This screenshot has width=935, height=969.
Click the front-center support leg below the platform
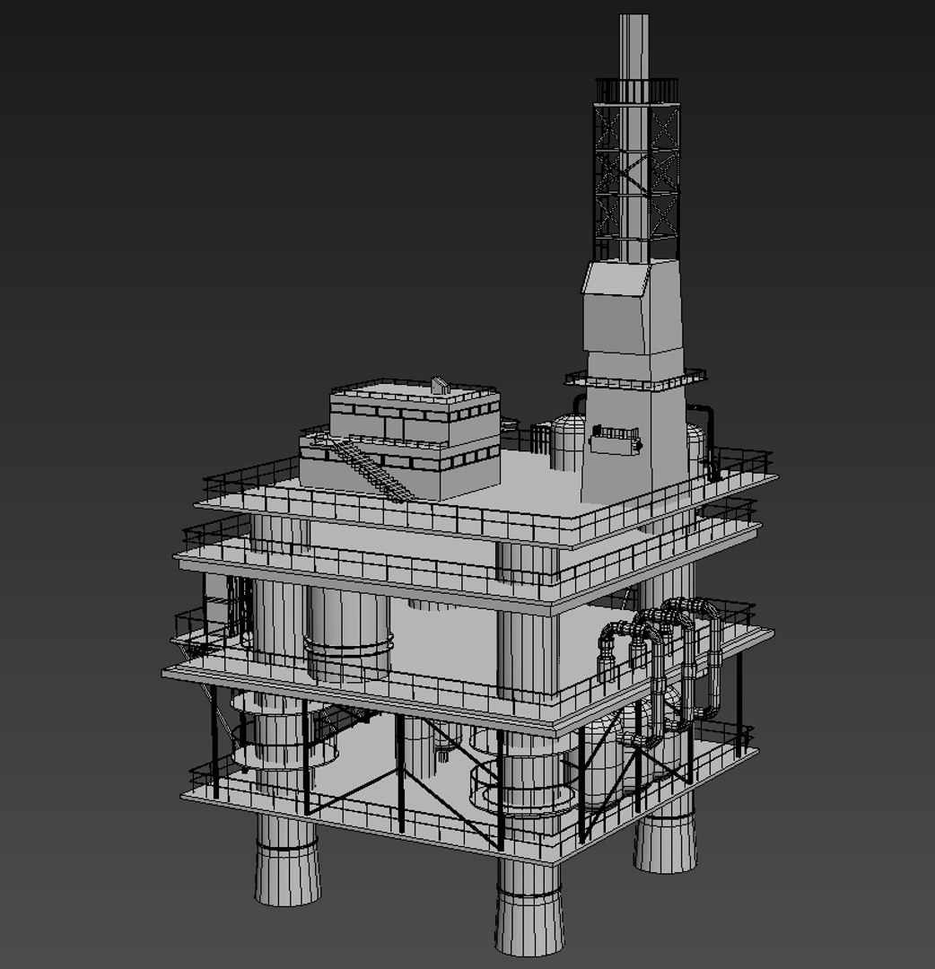[x=529, y=906]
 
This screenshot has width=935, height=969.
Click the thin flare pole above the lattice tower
[x=634, y=45]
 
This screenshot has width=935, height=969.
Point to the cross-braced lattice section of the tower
[x=635, y=179]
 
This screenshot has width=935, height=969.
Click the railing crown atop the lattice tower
[x=636, y=91]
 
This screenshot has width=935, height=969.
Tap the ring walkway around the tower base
[x=635, y=380]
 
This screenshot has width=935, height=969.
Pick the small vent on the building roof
[x=439, y=385]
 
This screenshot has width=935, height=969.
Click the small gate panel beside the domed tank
[x=541, y=439]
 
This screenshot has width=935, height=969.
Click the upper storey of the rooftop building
[x=415, y=408]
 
